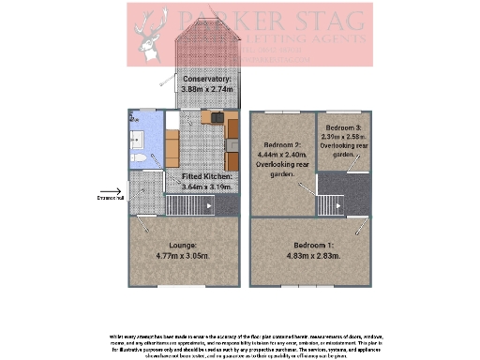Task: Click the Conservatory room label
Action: (x=207, y=80)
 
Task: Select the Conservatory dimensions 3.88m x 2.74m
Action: (x=207, y=88)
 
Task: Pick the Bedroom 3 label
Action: (x=344, y=127)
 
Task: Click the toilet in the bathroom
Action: (x=138, y=160)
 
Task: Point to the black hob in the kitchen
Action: (x=215, y=118)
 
